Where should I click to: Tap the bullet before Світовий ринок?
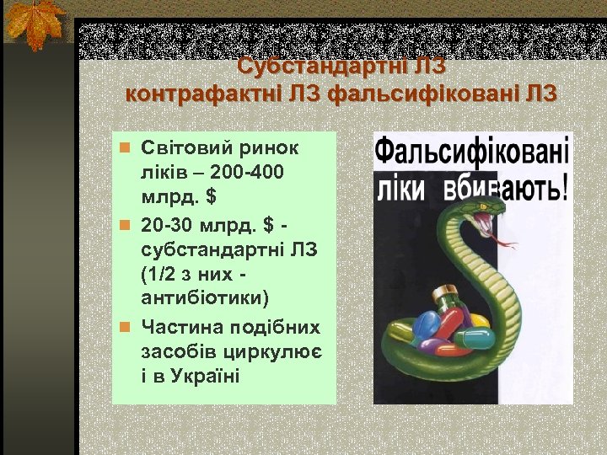pyautogui.click(x=123, y=148)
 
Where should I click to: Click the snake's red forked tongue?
pyautogui.click(x=506, y=244)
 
